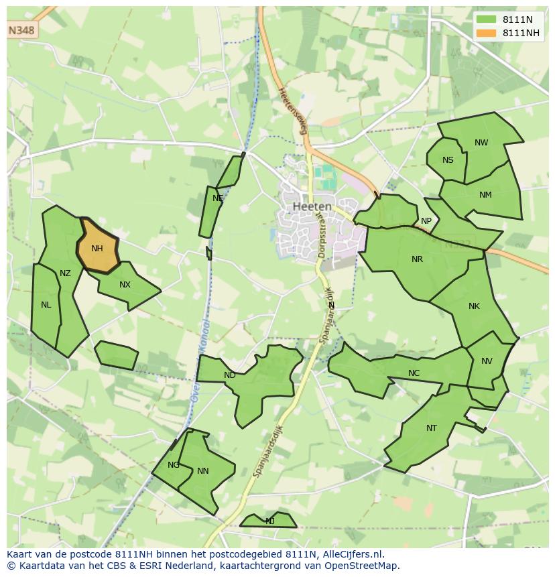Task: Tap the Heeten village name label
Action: coord(312,206)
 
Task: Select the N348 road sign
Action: coord(22,31)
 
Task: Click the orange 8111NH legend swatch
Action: coord(487,34)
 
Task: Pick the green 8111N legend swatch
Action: coord(487,20)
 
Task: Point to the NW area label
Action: coord(481,143)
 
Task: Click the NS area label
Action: coord(448,160)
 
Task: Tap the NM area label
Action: coord(485,195)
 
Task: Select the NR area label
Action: coord(417,259)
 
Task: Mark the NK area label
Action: coord(474,306)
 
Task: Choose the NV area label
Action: coord(487,361)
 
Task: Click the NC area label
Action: coord(414,373)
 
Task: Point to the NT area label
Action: coord(431,428)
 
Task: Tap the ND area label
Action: coord(229,375)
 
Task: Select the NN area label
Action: coord(202,471)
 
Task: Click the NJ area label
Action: coord(269,521)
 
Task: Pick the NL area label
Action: coord(46,305)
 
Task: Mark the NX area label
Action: coord(125,285)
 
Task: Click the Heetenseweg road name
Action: coord(293,111)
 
